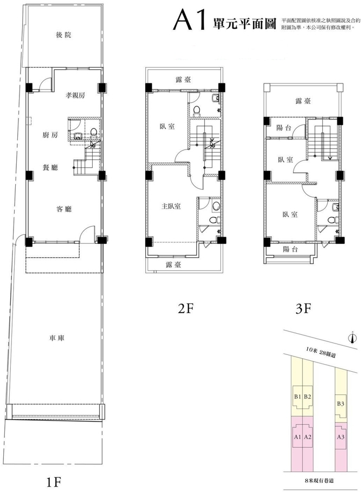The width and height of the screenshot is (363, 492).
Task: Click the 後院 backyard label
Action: pos(64,35)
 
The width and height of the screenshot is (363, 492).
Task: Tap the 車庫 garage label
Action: pos(57,338)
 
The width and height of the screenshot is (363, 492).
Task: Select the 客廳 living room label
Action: pos(64,209)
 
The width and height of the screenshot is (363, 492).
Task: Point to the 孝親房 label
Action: pos(75,95)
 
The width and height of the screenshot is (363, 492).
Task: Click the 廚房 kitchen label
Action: pos(50,135)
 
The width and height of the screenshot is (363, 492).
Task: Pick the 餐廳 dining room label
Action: pos(50,167)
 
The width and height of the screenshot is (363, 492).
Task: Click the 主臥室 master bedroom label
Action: pos(171,206)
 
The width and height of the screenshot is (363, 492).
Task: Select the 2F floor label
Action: pos(186,309)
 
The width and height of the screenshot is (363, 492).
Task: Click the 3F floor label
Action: pos(303,309)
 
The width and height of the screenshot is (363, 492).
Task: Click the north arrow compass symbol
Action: pos(352,337)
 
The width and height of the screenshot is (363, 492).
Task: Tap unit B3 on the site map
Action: pos(340,404)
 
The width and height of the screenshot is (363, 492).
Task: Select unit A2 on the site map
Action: pos(308,437)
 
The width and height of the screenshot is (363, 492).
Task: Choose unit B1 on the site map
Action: pos(298,396)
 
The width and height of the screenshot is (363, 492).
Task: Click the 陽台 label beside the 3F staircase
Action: pos(284,128)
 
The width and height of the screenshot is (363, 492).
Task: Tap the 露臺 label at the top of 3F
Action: pos(303,101)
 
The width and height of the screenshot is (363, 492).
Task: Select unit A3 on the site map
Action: pos(340,437)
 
